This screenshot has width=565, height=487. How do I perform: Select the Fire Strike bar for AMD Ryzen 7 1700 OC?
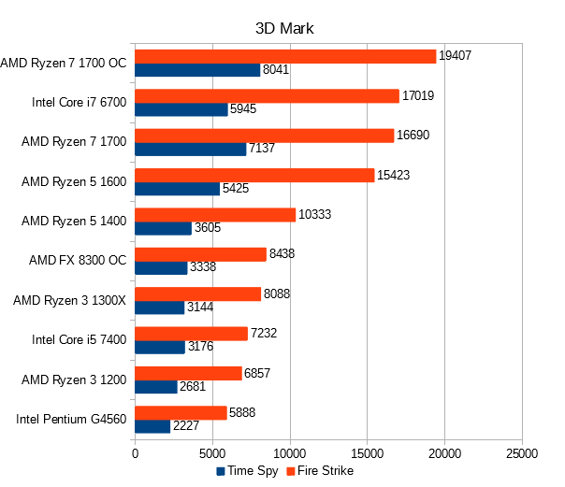pyautogui.click(x=285, y=56)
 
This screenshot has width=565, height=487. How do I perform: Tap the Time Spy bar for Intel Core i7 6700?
pyautogui.click(x=181, y=109)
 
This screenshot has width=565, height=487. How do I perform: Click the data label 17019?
pyautogui.click(x=417, y=95)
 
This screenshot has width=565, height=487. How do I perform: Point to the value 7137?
pyautogui.click(x=264, y=149)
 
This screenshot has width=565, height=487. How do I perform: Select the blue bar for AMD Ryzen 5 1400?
pyautogui.click(x=164, y=228)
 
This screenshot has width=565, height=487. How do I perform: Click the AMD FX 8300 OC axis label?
pyautogui.click(x=78, y=260)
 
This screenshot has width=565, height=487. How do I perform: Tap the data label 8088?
pyautogui.click(x=279, y=294)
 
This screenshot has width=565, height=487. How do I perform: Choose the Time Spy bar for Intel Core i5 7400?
pyautogui.click(x=160, y=347)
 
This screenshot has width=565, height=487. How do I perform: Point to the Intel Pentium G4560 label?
pyautogui.click(x=71, y=419)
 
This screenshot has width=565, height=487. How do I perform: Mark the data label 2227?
pyautogui.click(x=187, y=426)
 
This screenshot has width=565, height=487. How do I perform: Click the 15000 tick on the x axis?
pyautogui.click(x=368, y=454)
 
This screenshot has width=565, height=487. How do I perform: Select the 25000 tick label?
pyautogui.click(x=522, y=454)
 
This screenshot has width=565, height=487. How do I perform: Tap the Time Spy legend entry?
pyautogui.click(x=247, y=471)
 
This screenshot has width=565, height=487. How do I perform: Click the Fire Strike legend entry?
pyautogui.click(x=320, y=471)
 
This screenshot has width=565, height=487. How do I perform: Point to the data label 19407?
pyautogui.click(x=455, y=55)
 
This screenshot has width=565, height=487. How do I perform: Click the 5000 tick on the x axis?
pyautogui.click(x=212, y=454)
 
